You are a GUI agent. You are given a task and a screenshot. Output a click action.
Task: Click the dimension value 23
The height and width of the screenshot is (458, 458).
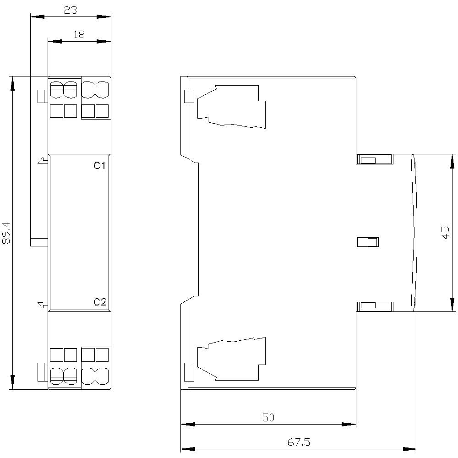click(70, 10)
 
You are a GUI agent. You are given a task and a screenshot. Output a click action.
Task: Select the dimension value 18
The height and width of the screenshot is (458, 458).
click(79, 34)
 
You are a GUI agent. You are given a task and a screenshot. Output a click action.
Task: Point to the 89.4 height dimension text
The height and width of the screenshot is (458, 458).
click(6, 233)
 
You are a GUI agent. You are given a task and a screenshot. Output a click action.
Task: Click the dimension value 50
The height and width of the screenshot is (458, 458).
click(268, 417)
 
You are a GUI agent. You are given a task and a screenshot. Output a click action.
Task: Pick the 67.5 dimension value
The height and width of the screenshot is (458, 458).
click(299, 442)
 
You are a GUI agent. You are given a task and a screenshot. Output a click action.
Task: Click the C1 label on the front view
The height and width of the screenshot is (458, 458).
click(100, 165)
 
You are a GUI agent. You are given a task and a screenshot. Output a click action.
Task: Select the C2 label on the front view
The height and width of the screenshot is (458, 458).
click(100, 302)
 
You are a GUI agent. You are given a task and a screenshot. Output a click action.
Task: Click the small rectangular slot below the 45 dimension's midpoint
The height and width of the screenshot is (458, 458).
click(368, 242)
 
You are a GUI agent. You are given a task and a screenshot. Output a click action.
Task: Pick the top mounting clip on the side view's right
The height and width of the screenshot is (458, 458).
click(374, 159)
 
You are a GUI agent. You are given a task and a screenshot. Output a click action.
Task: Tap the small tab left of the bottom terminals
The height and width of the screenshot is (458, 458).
click(41, 372)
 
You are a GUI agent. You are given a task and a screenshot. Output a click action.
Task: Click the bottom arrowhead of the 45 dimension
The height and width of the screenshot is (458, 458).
click(453, 304)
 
